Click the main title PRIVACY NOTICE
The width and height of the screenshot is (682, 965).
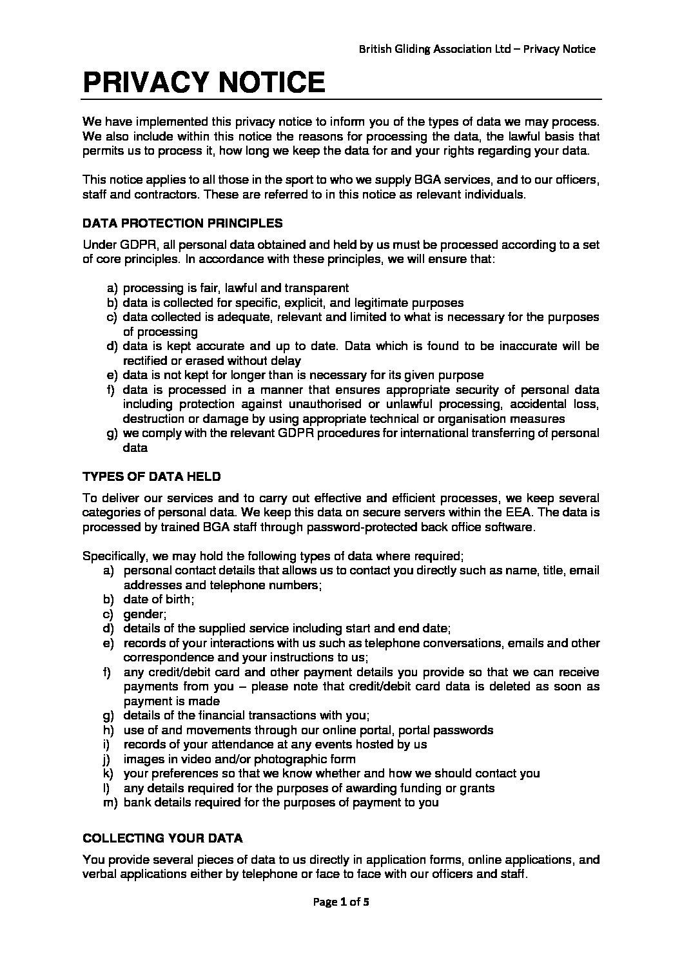(203, 83)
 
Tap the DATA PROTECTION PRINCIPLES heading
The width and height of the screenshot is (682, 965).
(182, 223)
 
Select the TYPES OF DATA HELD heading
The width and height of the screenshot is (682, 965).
(151, 476)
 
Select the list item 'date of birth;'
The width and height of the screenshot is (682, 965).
(159, 599)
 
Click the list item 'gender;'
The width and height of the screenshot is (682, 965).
(145, 614)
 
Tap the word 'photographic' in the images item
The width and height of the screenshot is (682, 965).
(298, 759)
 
